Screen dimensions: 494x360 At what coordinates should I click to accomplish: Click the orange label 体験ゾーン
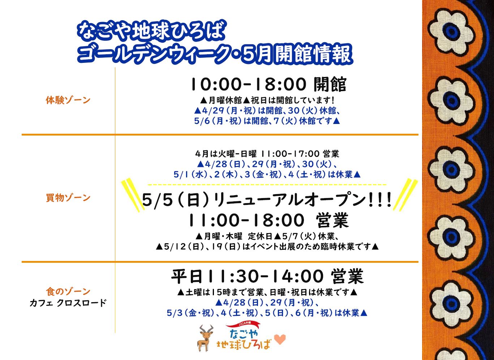point(68,100)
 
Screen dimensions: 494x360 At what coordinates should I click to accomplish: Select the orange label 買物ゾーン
point(68,198)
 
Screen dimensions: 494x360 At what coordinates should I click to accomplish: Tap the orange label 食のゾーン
point(68,291)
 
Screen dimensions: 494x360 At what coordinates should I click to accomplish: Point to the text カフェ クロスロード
point(68,303)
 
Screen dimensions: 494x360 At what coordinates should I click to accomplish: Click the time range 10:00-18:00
point(249,84)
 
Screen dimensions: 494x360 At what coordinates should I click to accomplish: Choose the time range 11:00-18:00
point(246,220)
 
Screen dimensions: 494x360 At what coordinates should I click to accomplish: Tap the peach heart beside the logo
point(280,339)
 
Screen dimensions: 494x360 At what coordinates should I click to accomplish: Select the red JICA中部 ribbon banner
point(243,325)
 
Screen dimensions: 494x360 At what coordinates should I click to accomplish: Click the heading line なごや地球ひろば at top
point(151,33)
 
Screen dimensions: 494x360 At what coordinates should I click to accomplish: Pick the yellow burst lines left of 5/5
point(131,196)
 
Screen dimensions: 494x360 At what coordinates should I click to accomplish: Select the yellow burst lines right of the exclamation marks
point(405,195)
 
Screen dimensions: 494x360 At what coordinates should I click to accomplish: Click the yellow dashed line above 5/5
point(267,184)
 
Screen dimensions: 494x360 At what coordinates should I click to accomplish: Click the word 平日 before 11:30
point(187,276)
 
